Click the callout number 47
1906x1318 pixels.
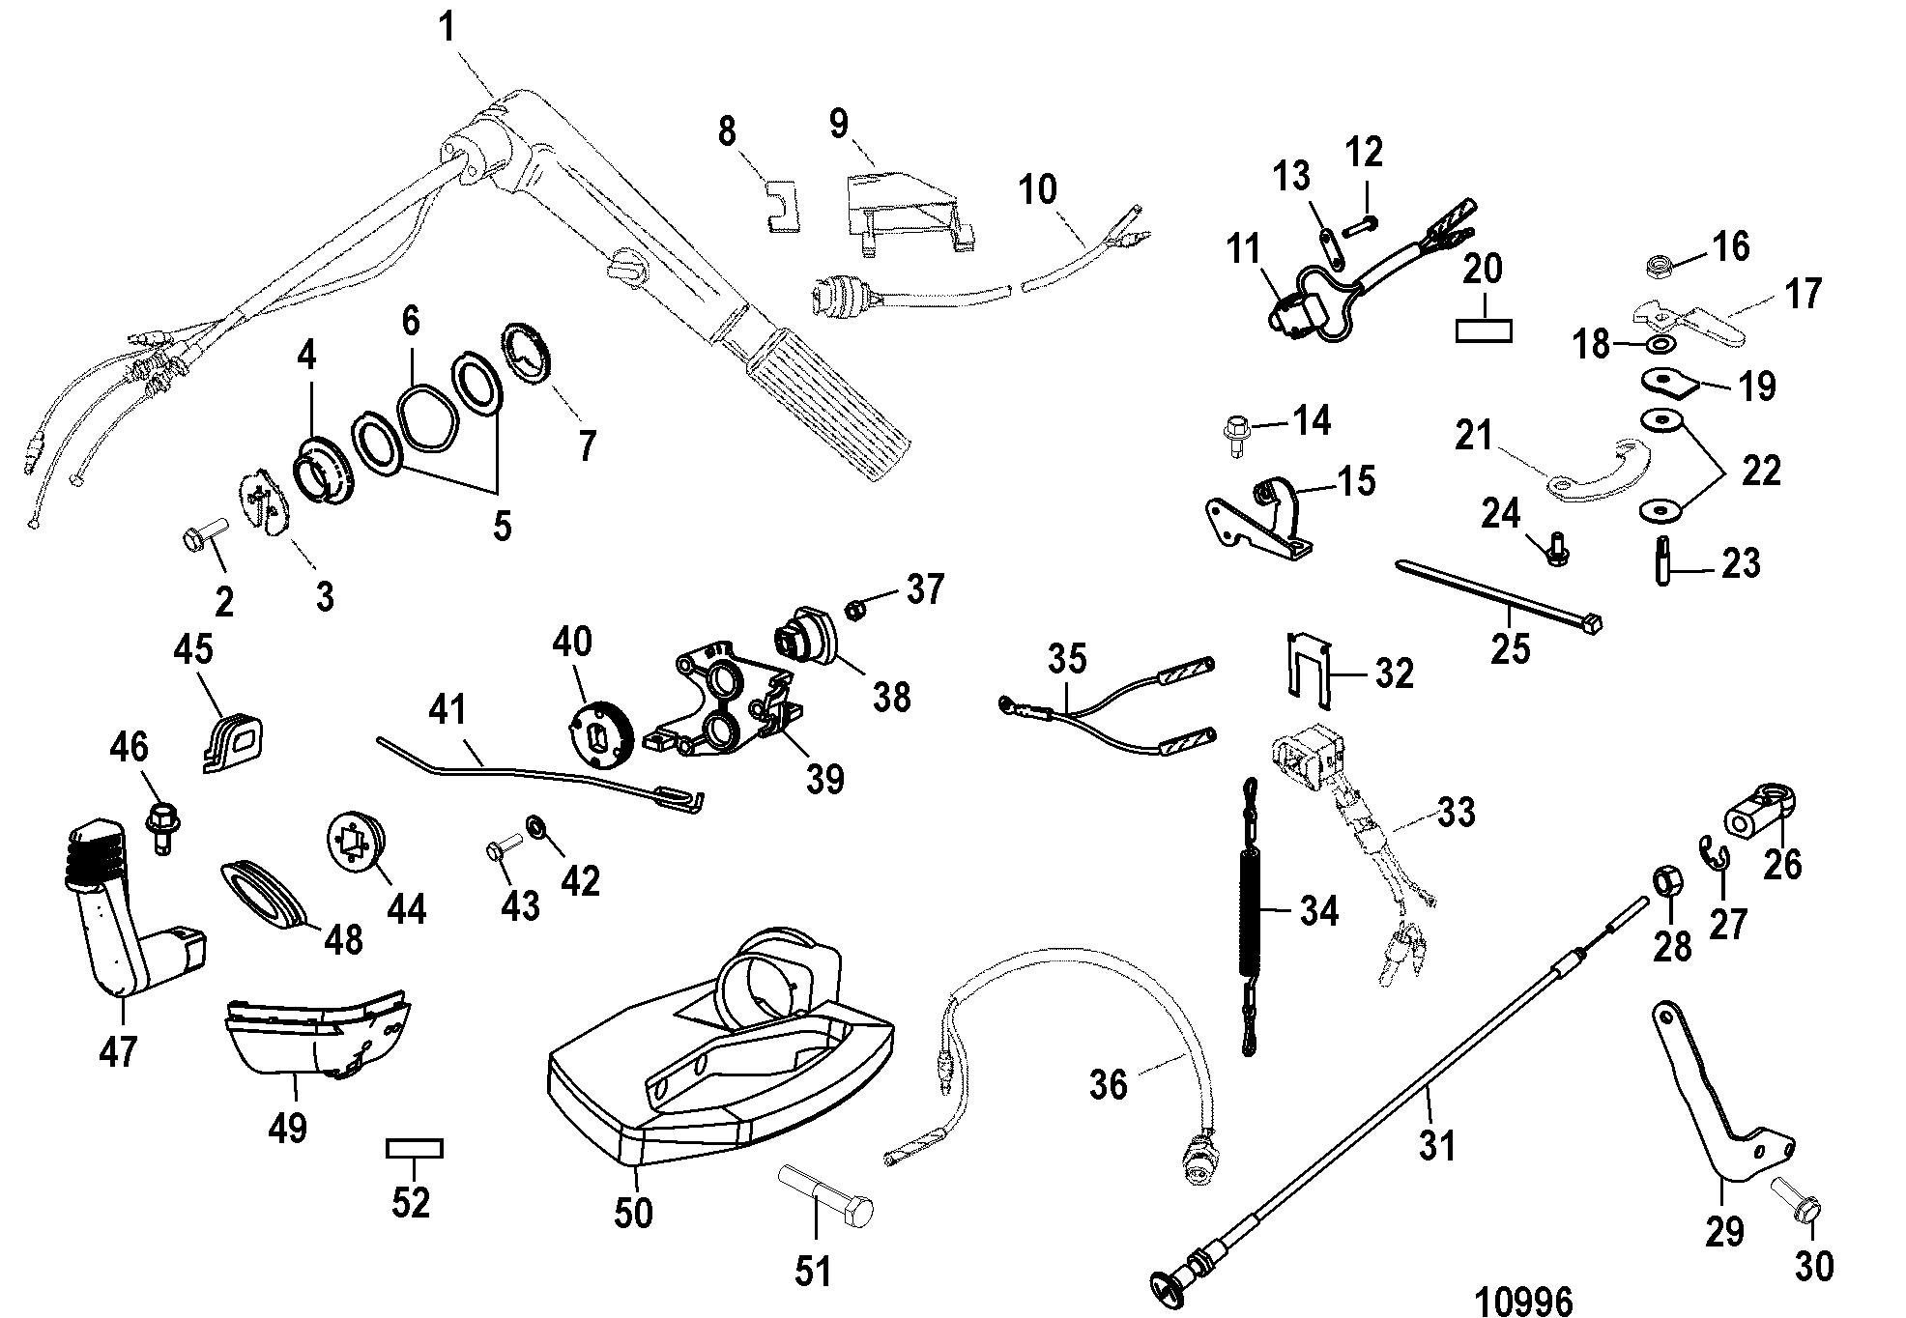coord(118,1051)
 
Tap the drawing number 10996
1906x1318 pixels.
coord(1524,1298)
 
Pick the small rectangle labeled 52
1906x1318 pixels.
coord(415,1148)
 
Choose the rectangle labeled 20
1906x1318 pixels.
coord(1484,330)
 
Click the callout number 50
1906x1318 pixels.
coord(634,1214)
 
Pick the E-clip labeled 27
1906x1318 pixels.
coord(1715,854)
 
